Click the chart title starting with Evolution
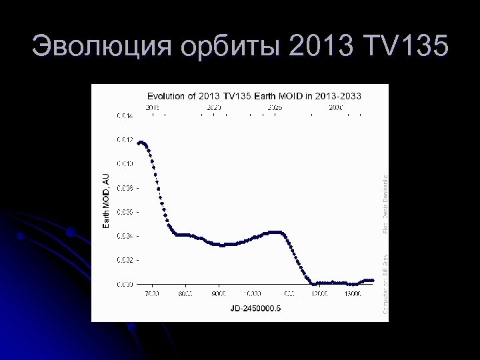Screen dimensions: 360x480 (x=254, y=96)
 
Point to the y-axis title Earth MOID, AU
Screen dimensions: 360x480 (x=105, y=199)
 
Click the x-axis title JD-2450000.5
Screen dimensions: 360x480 (x=255, y=308)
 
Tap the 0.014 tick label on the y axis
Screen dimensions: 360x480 (x=125, y=115)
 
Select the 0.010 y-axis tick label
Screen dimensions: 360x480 (x=125, y=163)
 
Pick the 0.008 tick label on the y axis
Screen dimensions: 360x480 (x=125, y=188)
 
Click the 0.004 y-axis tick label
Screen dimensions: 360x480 (x=125, y=236)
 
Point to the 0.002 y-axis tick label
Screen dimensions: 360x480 (x=125, y=260)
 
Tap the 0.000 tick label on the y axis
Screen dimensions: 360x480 (x=125, y=284)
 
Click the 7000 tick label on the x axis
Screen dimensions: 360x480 (x=151, y=294)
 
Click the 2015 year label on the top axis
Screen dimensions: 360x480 (x=153, y=107)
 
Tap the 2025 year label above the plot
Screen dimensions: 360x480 (x=274, y=107)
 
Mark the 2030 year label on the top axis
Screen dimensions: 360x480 (x=335, y=107)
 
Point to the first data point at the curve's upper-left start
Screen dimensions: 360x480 (x=139, y=143)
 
